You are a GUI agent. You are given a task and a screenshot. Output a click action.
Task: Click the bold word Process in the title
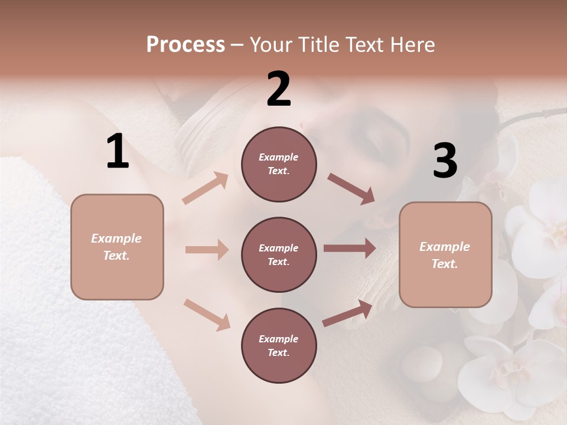[x=185, y=44]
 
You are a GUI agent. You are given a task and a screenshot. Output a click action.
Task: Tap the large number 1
[x=118, y=152]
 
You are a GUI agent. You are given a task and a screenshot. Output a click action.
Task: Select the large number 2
[x=279, y=90]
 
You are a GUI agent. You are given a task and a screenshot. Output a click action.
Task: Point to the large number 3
[x=445, y=161]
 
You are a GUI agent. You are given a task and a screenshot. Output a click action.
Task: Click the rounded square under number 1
[x=117, y=247]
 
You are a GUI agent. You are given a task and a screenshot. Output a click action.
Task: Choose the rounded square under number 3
[x=445, y=255]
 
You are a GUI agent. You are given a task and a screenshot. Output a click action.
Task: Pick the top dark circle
[x=279, y=164]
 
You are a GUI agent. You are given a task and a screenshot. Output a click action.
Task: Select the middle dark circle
[x=279, y=254]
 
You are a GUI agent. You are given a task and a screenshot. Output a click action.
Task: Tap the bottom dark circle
[x=279, y=345]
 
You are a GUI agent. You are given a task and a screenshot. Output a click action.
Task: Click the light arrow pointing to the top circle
[x=206, y=188]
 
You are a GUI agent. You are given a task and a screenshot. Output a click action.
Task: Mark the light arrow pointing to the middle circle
[x=207, y=250]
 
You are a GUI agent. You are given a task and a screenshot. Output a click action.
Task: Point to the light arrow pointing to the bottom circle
[x=207, y=315]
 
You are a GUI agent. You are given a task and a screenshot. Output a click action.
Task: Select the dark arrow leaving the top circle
[x=351, y=189]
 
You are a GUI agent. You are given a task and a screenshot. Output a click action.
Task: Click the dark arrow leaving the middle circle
[x=350, y=249]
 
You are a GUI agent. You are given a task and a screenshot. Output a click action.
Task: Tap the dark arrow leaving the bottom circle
[x=348, y=313]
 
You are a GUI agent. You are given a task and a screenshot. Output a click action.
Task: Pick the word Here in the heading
[x=411, y=44]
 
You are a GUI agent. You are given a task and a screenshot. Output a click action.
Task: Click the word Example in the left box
[x=116, y=238]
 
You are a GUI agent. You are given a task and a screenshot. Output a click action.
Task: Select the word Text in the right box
[x=444, y=264]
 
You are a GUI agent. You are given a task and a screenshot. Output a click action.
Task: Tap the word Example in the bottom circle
[x=279, y=339]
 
